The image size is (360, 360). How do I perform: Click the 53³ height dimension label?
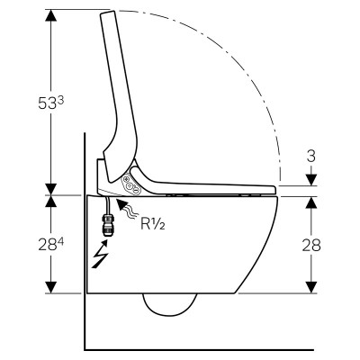[x=51, y=103]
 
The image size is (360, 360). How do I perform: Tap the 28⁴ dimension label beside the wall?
[x=51, y=245]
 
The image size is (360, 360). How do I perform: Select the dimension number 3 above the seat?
[x=311, y=156]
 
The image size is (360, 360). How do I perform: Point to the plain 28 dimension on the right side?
[x=311, y=246]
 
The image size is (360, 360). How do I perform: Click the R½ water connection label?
[x=153, y=223]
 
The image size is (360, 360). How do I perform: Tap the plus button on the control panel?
[x=127, y=180]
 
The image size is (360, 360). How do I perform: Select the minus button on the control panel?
[x=135, y=191]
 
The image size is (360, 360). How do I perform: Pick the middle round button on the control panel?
[x=130, y=185]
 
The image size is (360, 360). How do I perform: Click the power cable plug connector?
[x=106, y=224]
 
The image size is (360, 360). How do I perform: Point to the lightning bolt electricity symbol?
[x=100, y=254]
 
